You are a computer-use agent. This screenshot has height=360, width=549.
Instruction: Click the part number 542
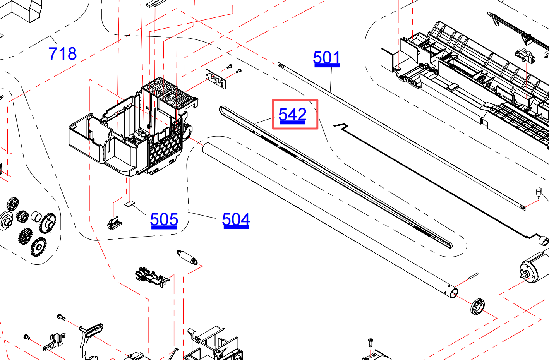tap(292, 115)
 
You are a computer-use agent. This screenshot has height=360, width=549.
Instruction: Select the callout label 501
tap(326, 58)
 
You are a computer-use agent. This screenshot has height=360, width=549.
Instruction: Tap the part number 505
tap(164, 219)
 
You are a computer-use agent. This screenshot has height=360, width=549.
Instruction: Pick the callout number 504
tap(236, 219)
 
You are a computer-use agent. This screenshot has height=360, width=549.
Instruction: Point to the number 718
tap(62, 54)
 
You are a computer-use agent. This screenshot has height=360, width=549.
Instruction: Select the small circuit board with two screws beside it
tap(216, 79)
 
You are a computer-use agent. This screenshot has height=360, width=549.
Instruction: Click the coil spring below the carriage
tap(187, 257)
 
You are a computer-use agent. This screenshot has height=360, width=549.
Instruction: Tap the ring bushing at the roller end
tap(477, 306)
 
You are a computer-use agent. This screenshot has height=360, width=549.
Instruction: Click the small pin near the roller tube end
tap(473, 276)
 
